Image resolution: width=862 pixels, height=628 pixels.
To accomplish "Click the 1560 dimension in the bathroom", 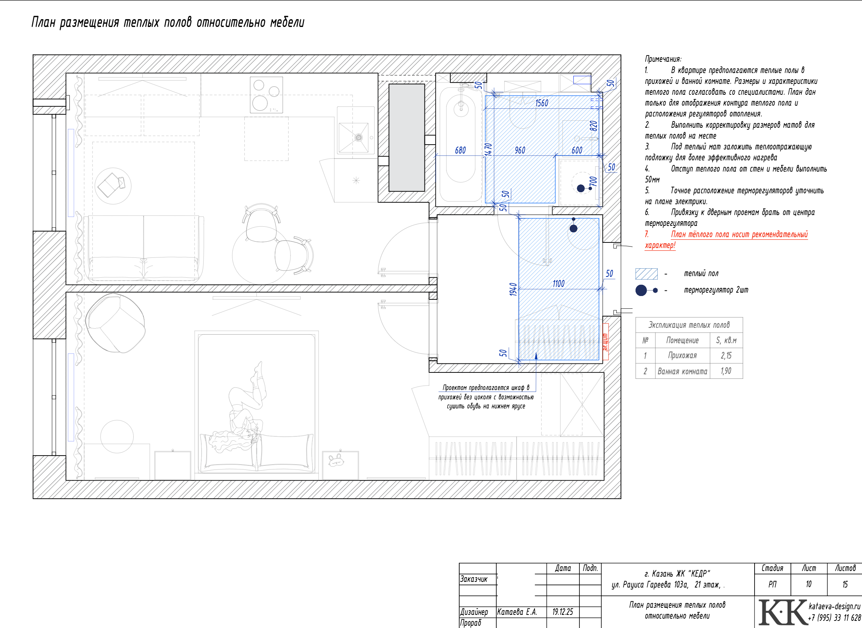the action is [542, 103].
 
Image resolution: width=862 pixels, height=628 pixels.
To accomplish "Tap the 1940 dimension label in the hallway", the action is [513, 289].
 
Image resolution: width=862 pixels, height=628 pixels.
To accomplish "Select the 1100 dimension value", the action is [558, 284].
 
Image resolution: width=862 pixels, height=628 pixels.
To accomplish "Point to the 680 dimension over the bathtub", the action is [460, 150].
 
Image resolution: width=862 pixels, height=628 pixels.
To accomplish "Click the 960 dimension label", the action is [520, 150].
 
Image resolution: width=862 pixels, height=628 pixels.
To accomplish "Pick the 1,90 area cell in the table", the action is [726, 371].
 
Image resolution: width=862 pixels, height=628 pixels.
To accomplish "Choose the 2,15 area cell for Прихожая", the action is [726, 356].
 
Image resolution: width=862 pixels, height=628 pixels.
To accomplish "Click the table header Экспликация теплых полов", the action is [689, 325].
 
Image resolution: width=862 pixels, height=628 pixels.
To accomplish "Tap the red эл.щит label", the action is [606, 342].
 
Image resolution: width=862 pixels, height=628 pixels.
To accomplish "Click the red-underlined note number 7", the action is [647, 234].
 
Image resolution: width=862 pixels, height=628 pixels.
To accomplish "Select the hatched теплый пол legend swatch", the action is [646, 274].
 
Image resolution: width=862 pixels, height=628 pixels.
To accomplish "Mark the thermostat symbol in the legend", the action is [646, 290].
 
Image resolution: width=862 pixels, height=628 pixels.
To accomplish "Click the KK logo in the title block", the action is [783, 612].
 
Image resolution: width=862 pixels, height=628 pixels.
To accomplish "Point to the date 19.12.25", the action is [563, 612].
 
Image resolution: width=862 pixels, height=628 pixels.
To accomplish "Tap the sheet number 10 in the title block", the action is [808, 584].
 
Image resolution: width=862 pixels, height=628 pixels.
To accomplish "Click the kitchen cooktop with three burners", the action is [266, 95].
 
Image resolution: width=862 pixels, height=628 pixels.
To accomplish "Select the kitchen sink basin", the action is [353, 138].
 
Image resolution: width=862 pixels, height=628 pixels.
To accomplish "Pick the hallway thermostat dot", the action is [573, 228].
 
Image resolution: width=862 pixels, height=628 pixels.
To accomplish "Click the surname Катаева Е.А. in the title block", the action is [517, 612].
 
